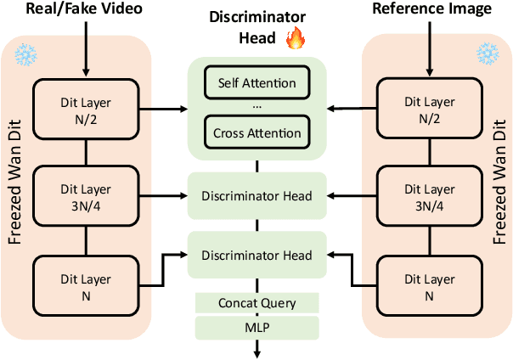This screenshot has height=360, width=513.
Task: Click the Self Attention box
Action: (256, 83)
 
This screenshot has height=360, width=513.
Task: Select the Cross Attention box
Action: (256, 133)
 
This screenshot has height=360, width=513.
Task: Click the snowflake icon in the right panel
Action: (488, 53)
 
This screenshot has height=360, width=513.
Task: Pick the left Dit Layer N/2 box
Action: (85, 108)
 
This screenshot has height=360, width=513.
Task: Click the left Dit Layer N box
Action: (85, 284)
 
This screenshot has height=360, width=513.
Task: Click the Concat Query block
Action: (256, 303)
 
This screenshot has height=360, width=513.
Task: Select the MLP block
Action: (256, 327)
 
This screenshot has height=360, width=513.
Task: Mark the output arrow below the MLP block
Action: (256, 348)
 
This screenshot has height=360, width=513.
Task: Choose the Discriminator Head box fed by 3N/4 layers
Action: (256, 196)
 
